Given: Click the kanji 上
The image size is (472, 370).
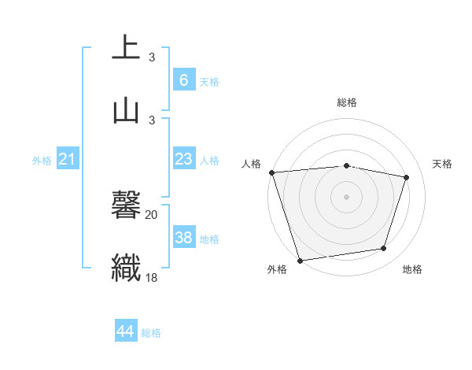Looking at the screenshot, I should click(x=126, y=48).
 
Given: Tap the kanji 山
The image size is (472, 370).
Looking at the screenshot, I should click(x=126, y=110).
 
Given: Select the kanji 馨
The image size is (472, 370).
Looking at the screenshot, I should click(x=126, y=206).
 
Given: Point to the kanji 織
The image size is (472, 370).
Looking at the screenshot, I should click(x=126, y=268).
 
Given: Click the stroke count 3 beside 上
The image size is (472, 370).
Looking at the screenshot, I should click(x=152, y=57).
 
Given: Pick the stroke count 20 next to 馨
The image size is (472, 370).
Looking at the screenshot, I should click(x=152, y=214).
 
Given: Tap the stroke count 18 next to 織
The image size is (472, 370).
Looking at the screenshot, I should click(x=152, y=277).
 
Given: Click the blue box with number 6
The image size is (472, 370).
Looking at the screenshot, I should click(x=183, y=80).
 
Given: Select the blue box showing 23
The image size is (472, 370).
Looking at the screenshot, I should click(x=183, y=159).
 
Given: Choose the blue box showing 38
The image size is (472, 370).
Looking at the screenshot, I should click(x=183, y=238).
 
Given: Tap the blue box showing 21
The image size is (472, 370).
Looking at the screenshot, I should click(x=68, y=160).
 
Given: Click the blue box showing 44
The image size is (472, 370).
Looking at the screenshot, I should click(x=125, y=331).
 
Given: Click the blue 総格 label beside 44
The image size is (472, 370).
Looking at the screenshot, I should click(x=151, y=333).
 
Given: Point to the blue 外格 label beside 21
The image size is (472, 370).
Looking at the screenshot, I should click(x=42, y=161).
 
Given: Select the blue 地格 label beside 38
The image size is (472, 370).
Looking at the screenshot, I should click(x=209, y=239).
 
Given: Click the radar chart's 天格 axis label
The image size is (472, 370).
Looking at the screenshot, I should click(x=443, y=164).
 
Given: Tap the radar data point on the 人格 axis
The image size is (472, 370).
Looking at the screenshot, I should click(x=271, y=172).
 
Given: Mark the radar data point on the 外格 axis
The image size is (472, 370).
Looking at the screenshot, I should click(x=300, y=260).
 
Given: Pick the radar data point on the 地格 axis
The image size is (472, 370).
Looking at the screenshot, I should click(x=384, y=249).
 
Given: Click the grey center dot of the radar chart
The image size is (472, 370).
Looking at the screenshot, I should click(x=346, y=196).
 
